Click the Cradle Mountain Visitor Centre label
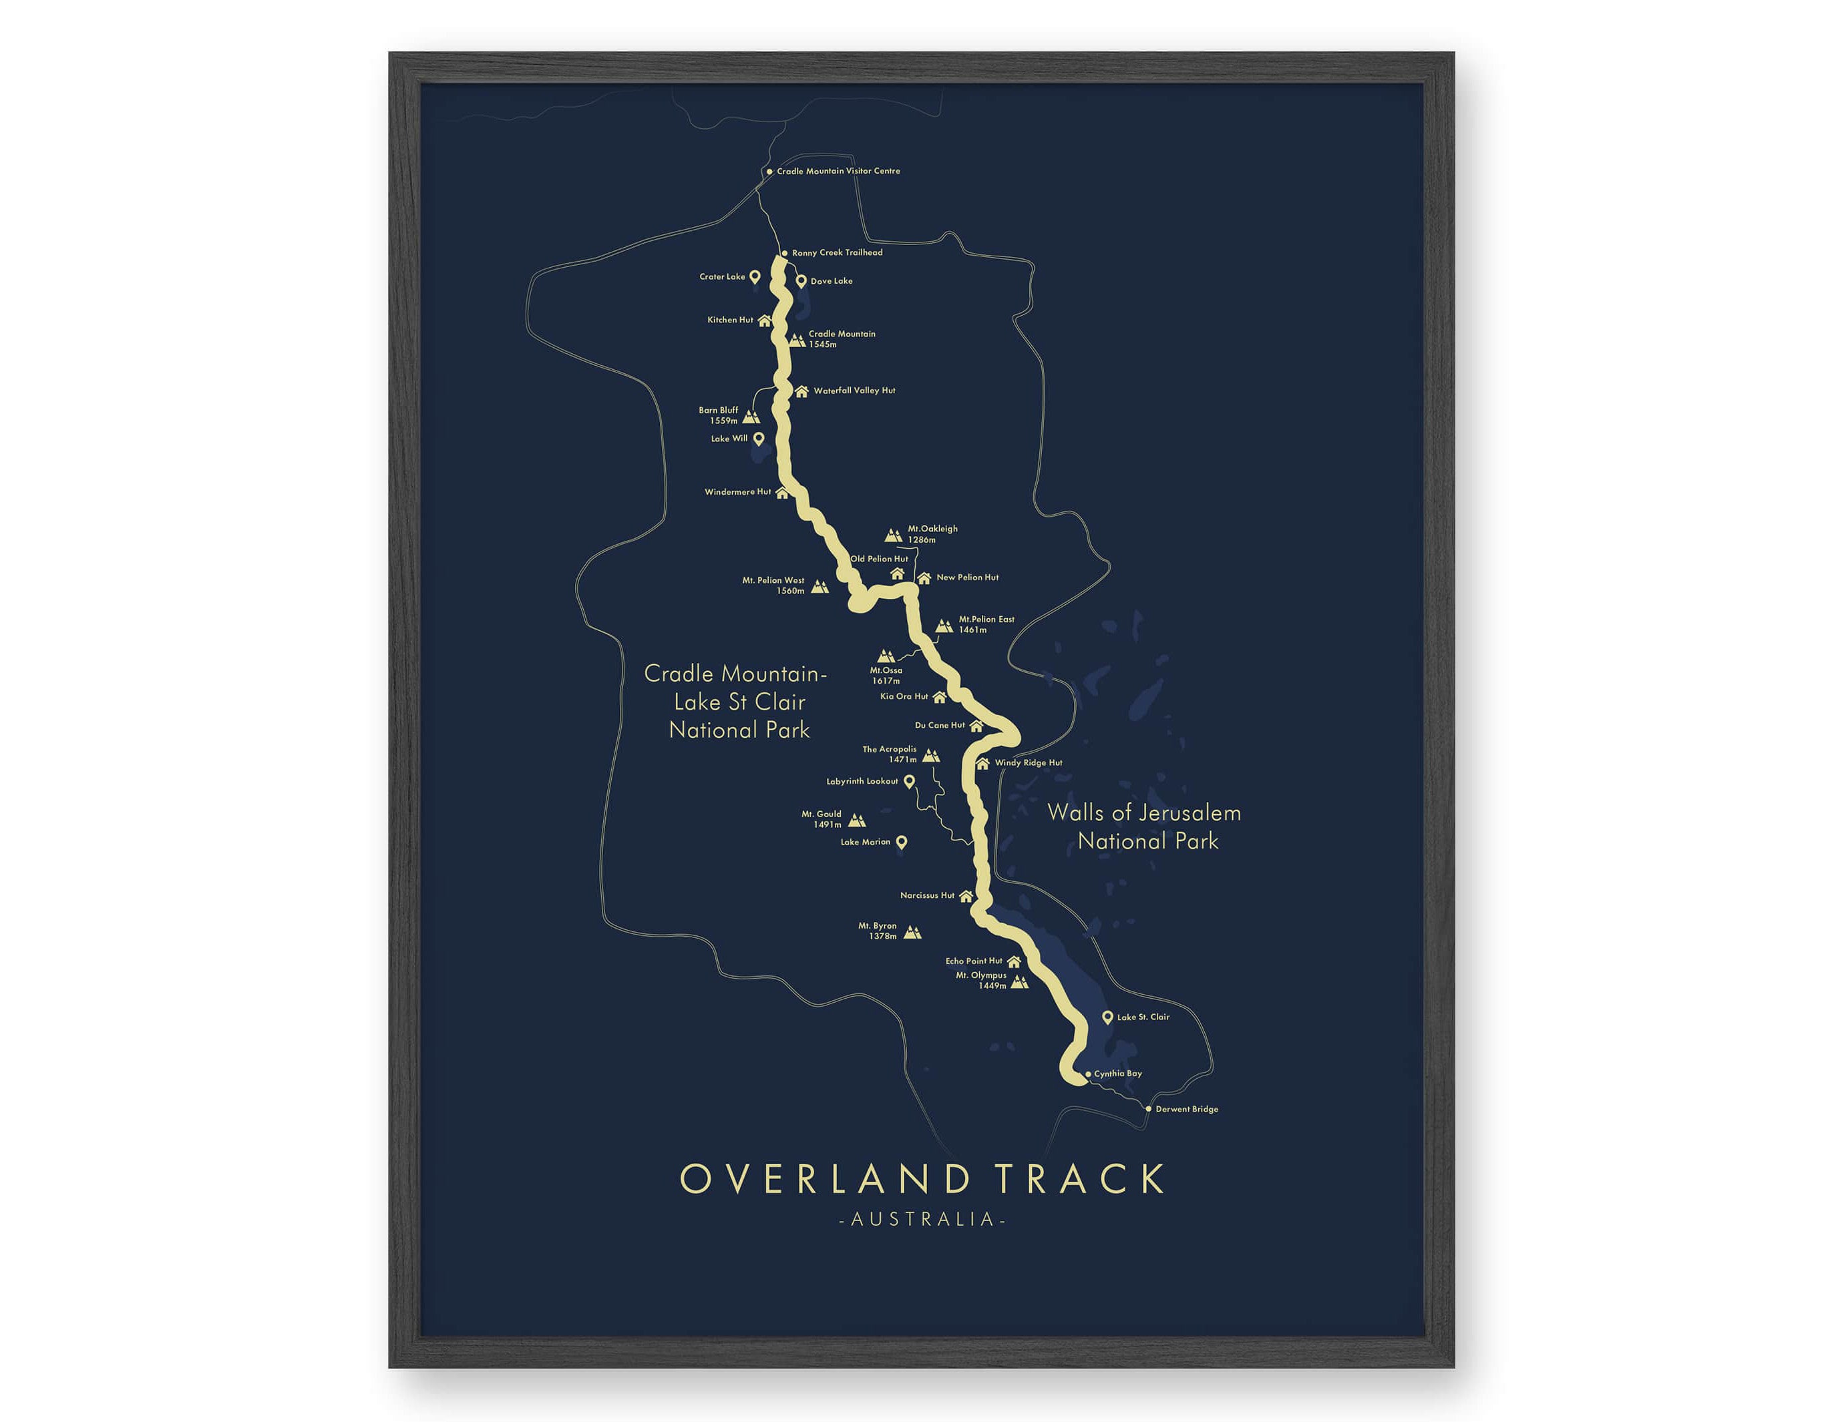[x=838, y=171]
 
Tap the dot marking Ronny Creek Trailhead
[x=784, y=253]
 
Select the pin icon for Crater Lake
[x=754, y=276]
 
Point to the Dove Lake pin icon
[x=801, y=281]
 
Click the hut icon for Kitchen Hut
[x=764, y=320]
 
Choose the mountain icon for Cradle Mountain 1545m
[x=797, y=340]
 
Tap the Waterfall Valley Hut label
[x=854, y=391]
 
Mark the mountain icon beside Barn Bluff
[x=751, y=417]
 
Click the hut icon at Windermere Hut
[x=781, y=493]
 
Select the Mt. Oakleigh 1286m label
[x=932, y=534]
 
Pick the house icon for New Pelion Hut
[x=924, y=578]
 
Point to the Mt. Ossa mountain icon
[x=885, y=656]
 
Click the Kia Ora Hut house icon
[x=939, y=697]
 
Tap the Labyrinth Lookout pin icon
[x=910, y=782]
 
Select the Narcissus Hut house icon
[x=966, y=896]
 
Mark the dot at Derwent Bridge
[x=1148, y=1109]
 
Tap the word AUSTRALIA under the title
[x=922, y=1220]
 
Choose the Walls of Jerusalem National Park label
[x=1145, y=826]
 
